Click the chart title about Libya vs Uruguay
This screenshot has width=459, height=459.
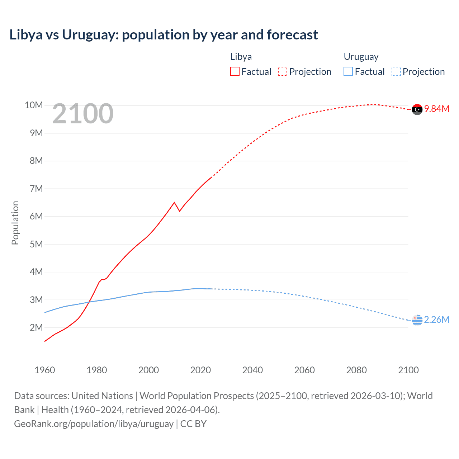pos(164,35)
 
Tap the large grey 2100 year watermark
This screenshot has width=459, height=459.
pos(83,114)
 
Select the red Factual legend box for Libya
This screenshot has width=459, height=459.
pos(235,71)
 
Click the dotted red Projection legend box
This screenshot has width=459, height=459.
pos(283,71)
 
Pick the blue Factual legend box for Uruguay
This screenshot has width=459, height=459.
pos(348,71)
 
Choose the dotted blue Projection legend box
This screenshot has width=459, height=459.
pos(396,71)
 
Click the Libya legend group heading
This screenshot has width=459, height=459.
pos(241,57)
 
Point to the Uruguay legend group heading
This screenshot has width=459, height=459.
pos(361,57)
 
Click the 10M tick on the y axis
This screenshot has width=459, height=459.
pos(34,105)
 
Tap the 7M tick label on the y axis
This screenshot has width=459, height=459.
pos(36,189)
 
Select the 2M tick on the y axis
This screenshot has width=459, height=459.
pos(36,327)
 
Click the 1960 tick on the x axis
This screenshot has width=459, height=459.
pos(45,370)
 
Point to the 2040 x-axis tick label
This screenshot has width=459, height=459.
pos(252,370)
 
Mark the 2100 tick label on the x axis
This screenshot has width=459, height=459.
pos(408,370)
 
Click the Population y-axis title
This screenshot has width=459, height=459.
pos(15,223)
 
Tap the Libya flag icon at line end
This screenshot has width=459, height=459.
pos(417,109)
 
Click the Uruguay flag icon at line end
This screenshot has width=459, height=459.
pos(417,320)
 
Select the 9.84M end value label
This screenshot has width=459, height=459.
pos(437,109)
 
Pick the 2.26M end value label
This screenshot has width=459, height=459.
pos(437,320)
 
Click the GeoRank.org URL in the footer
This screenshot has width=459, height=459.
pos(94,423)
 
